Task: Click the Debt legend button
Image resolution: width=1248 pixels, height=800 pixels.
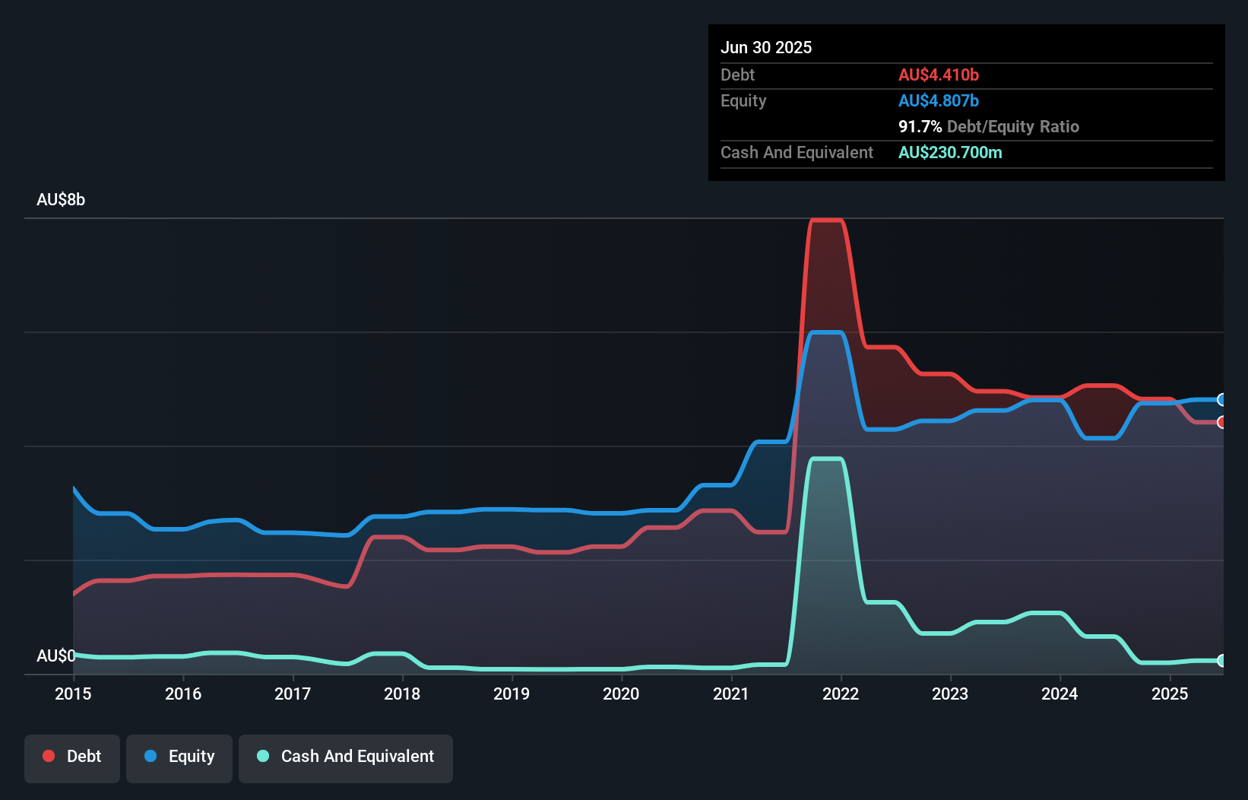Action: [72, 757]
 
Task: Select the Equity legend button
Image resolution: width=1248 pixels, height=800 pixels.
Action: [179, 757]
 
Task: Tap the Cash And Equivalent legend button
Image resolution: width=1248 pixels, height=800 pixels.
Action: [346, 757]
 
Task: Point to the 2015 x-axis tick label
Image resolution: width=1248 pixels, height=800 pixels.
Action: [73, 694]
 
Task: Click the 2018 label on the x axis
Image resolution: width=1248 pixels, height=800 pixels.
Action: [402, 694]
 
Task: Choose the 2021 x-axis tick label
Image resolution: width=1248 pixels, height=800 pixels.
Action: [731, 694]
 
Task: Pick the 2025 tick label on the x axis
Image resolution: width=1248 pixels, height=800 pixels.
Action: [1170, 694]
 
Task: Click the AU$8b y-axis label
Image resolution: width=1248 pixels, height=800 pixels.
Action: [61, 200]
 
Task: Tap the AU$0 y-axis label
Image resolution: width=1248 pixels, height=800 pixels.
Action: [55, 656]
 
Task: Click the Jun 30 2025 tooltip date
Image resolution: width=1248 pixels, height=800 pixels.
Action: [766, 48]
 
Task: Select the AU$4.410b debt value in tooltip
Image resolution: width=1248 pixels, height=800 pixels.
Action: [938, 75]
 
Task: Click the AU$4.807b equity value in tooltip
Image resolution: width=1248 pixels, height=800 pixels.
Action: [938, 101]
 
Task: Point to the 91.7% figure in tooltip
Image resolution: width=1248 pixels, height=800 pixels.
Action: [920, 127]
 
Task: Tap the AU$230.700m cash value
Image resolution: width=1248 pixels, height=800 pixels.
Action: [950, 153]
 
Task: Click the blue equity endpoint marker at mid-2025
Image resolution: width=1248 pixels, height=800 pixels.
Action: [1221, 399]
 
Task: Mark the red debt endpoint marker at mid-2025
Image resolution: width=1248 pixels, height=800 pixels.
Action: [1221, 422]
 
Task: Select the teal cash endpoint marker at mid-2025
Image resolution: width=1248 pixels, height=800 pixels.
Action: [1221, 661]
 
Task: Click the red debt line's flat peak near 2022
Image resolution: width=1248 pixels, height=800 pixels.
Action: [826, 221]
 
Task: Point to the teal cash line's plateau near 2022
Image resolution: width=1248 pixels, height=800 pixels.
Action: [826, 459]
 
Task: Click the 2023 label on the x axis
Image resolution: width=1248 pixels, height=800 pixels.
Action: [950, 694]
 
